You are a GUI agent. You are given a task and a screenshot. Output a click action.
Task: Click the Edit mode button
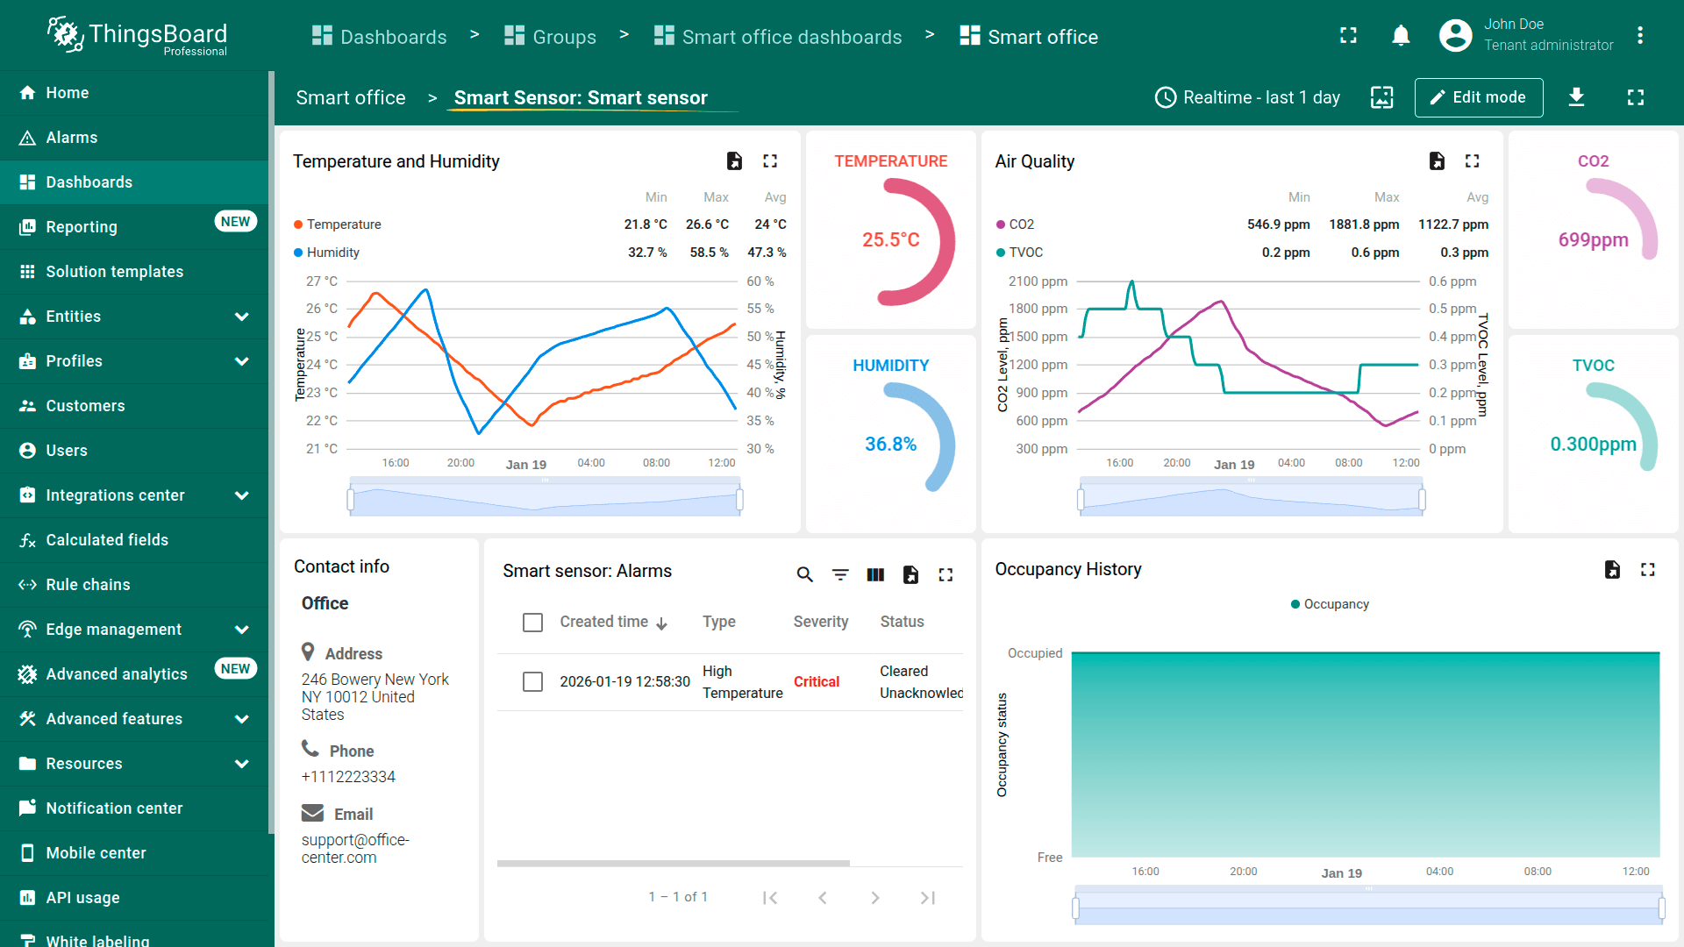(1478, 97)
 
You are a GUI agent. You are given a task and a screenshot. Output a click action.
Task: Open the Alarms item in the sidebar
(71, 138)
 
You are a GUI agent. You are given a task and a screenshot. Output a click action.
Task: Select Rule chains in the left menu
(88, 585)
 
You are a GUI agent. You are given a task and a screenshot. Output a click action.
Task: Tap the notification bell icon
(1401, 36)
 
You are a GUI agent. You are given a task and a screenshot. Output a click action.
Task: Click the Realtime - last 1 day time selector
(1247, 97)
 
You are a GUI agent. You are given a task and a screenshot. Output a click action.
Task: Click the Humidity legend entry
(332, 253)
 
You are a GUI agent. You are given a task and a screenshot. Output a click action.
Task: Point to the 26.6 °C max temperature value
(707, 224)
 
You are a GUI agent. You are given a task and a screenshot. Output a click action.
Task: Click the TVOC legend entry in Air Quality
(1025, 253)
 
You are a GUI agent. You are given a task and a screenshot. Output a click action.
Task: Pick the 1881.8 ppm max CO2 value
(1364, 224)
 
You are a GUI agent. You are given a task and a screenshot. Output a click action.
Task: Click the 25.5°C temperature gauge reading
(890, 239)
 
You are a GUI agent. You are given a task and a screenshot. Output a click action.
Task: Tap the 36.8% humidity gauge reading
(890, 444)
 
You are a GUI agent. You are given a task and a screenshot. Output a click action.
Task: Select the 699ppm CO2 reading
(1593, 239)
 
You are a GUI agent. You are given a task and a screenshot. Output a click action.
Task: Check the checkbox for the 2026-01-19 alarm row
(532, 681)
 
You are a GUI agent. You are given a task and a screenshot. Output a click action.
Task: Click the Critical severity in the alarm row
(816, 681)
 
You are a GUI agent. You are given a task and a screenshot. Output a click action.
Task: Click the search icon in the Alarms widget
(804, 574)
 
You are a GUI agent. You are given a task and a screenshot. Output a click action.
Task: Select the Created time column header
(603, 622)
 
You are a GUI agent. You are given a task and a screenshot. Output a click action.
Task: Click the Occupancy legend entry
(1335, 604)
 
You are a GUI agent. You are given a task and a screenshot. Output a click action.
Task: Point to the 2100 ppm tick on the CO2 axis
(1038, 281)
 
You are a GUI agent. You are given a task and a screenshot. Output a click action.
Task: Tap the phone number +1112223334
(348, 777)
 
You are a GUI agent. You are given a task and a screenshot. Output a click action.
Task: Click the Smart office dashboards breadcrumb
(791, 37)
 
